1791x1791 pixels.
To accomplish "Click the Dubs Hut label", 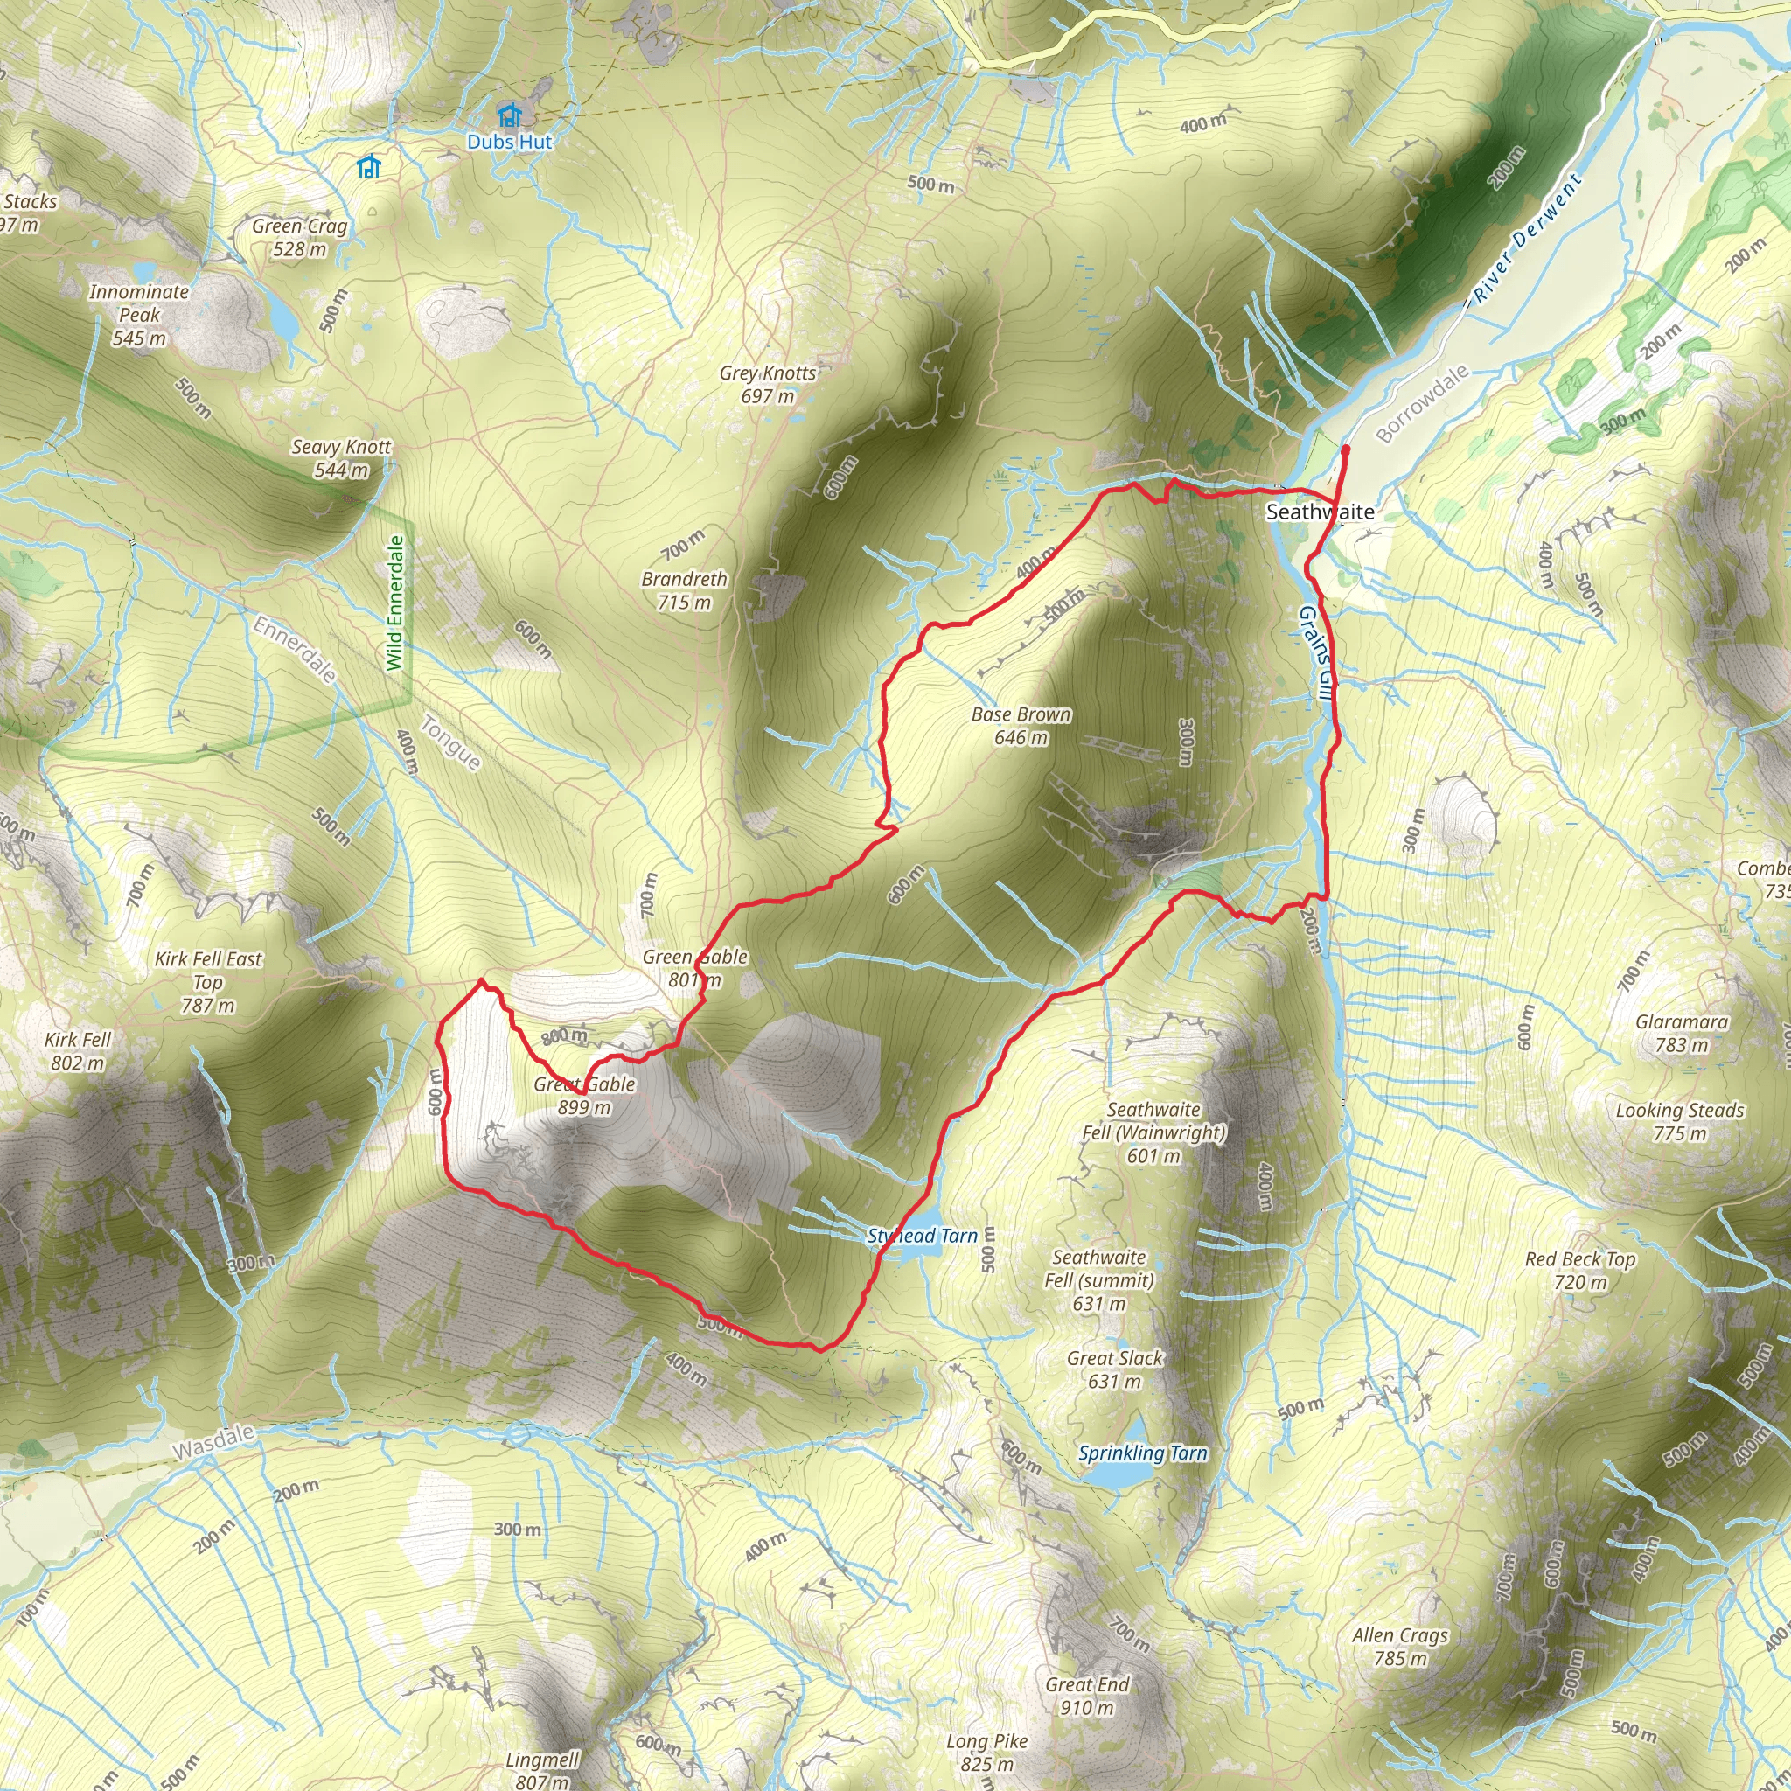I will tap(509, 142).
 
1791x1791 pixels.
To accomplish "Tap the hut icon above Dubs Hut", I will tap(509, 115).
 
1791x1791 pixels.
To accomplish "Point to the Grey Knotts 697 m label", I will tap(768, 385).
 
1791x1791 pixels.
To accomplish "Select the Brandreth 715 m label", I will tap(684, 590).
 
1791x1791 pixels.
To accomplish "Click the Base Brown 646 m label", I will tap(1021, 726).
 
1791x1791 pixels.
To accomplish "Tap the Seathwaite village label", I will tap(1319, 512).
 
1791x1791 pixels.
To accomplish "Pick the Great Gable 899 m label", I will tap(584, 1096).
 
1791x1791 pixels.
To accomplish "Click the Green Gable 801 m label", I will tap(694, 969).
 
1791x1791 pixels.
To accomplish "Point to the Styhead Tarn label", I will tap(923, 1236).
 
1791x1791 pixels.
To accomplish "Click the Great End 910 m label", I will tap(1087, 1697).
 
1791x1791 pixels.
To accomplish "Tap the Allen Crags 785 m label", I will tap(1400, 1648).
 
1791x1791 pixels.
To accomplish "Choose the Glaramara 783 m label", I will tap(1682, 1034).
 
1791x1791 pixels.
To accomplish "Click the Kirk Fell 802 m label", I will tap(78, 1051).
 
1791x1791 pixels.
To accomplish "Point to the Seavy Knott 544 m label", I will tap(341, 459).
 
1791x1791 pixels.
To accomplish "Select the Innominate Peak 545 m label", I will tap(139, 315).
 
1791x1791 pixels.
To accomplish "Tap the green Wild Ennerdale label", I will tap(396, 603).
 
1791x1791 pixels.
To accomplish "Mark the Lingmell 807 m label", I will tap(542, 1770).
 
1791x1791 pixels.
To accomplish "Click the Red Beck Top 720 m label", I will tap(1580, 1271).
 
